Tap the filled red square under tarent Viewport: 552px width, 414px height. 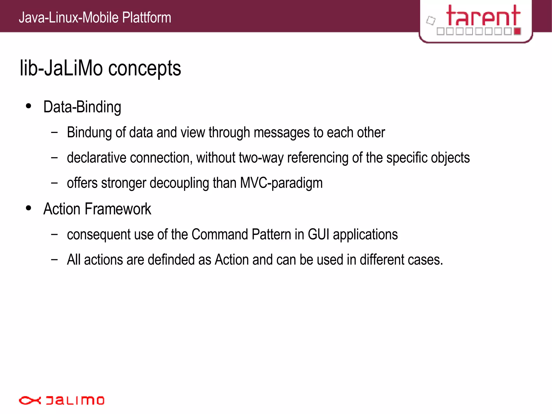[517, 31]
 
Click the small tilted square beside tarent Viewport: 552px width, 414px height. [431, 20]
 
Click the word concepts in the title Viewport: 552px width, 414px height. [144, 69]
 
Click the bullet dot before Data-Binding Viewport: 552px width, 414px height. [29, 106]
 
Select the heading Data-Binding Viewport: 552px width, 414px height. [82, 107]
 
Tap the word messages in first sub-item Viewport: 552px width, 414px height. [281, 132]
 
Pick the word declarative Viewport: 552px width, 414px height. [96, 158]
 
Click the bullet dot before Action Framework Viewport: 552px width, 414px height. [29, 208]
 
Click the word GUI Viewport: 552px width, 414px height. [318, 234]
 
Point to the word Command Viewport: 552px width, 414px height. [220, 234]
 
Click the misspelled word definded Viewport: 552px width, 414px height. [171, 259]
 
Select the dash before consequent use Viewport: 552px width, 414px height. [54, 234]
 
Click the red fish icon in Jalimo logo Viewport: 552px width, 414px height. [29, 401]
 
